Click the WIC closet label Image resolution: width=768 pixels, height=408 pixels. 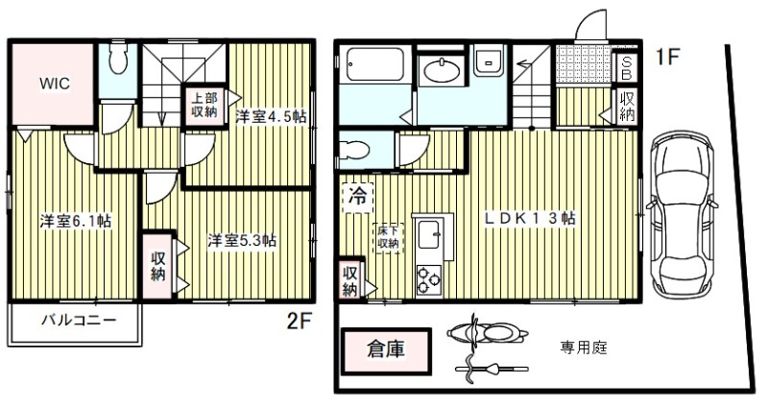pyautogui.click(x=53, y=83)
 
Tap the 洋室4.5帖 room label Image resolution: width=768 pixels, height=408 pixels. pyautogui.click(x=271, y=116)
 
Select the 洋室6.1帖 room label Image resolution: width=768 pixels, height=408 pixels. pyautogui.click(x=75, y=221)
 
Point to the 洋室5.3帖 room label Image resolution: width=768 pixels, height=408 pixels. pyautogui.click(x=243, y=240)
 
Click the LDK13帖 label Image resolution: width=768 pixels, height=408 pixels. pyautogui.click(x=530, y=218)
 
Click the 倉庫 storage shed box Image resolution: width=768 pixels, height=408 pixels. pyautogui.click(x=385, y=350)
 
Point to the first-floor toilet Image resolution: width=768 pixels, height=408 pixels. pyautogui.click(x=356, y=152)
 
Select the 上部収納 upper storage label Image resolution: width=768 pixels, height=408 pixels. pyautogui.click(x=204, y=105)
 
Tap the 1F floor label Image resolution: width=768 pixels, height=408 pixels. pyautogui.click(x=668, y=56)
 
